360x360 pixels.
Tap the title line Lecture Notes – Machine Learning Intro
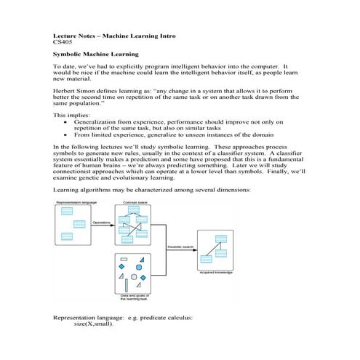(114, 35)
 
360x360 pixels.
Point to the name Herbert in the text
(65, 87)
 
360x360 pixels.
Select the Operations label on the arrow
(101, 223)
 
